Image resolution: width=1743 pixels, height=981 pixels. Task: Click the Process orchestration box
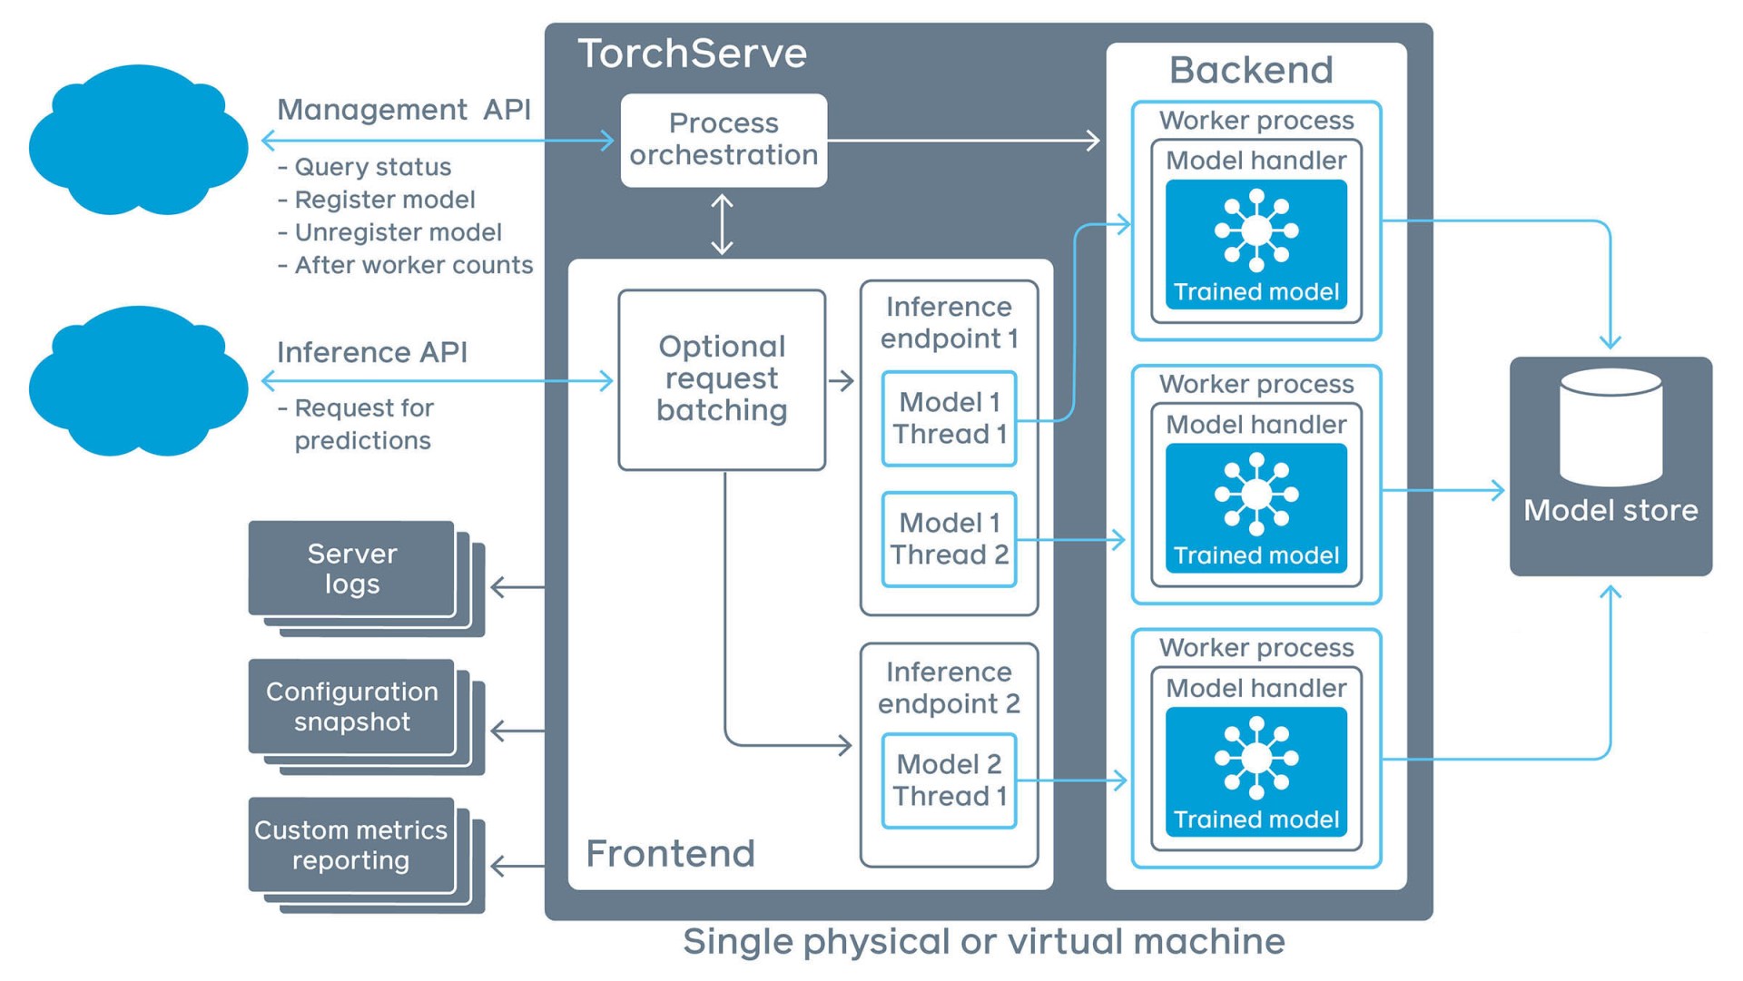pyautogui.click(x=724, y=140)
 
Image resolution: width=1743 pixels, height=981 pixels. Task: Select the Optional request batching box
pyautogui.click(x=722, y=379)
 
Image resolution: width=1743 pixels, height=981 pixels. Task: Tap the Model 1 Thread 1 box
pyautogui.click(x=949, y=418)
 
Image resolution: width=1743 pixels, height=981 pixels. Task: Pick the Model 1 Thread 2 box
pyautogui.click(x=949, y=539)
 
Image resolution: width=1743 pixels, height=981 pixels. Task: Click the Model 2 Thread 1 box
pyautogui.click(x=949, y=780)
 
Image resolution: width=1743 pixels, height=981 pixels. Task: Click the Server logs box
pyautogui.click(x=352, y=569)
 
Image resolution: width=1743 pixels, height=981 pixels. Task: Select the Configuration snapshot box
pyautogui.click(x=352, y=707)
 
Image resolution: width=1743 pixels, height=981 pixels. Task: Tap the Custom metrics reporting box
pyautogui.click(x=351, y=845)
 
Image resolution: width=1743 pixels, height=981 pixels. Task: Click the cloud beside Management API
pyautogui.click(x=138, y=141)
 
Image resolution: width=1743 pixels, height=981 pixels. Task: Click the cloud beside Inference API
pyautogui.click(x=138, y=382)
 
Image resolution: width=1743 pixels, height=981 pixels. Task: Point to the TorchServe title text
pyautogui.click(x=692, y=54)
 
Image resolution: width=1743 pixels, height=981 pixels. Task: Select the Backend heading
pyautogui.click(x=1251, y=70)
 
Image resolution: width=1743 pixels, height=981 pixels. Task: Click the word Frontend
pyautogui.click(x=670, y=854)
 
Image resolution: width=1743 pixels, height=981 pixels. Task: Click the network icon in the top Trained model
pyautogui.click(x=1256, y=231)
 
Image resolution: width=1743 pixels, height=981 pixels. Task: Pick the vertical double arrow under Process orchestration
pyautogui.click(x=722, y=224)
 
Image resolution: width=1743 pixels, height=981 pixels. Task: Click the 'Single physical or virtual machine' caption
pyautogui.click(x=984, y=942)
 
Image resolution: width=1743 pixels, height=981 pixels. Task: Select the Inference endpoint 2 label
pyautogui.click(x=949, y=688)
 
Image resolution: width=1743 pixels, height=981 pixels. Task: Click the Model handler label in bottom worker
pyautogui.click(x=1256, y=689)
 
